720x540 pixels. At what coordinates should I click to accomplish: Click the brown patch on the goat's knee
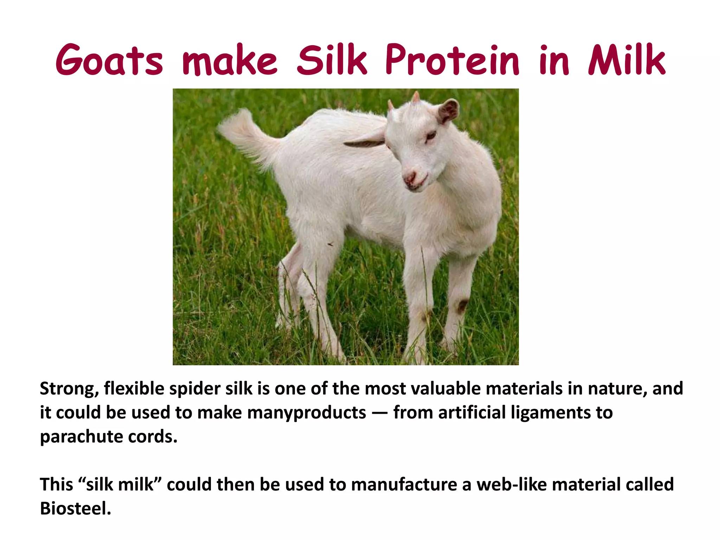pyautogui.click(x=462, y=305)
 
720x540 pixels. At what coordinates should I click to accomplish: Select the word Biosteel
pyautogui.click(x=75, y=508)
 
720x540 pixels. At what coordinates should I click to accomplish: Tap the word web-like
pyautogui.click(x=511, y=484)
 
